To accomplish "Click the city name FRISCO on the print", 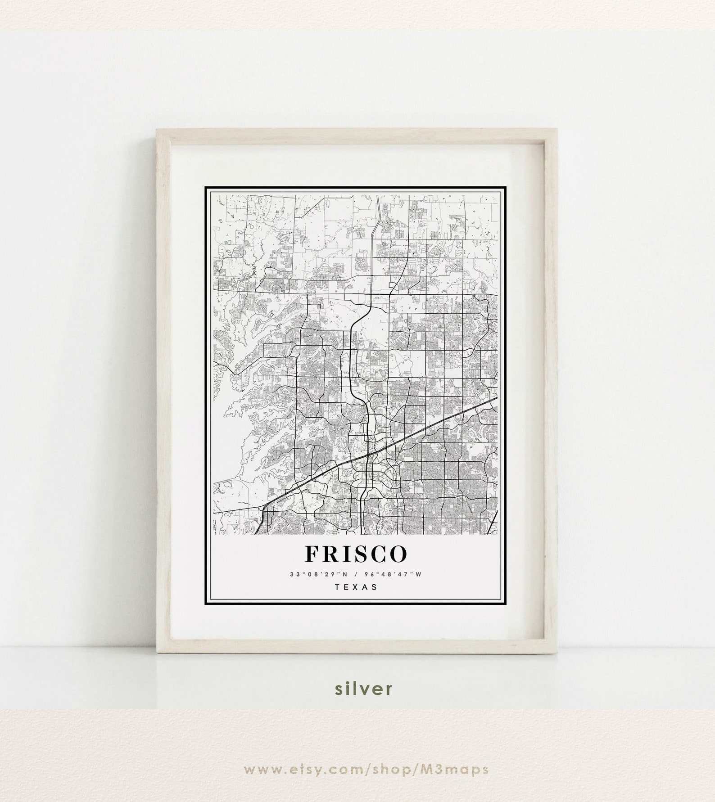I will pyautogui.click(x=356, y=554).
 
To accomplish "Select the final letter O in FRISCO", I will pyautogui.click(x=398, y=554).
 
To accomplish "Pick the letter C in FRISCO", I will pyautogui.click(x=377, y=554).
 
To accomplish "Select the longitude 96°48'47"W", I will pyautogui.click(x=389, y=574).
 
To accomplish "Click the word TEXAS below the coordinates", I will pyautogui.click(x=356, y=587).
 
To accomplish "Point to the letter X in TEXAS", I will pyautogui.click(x=356, y=587).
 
